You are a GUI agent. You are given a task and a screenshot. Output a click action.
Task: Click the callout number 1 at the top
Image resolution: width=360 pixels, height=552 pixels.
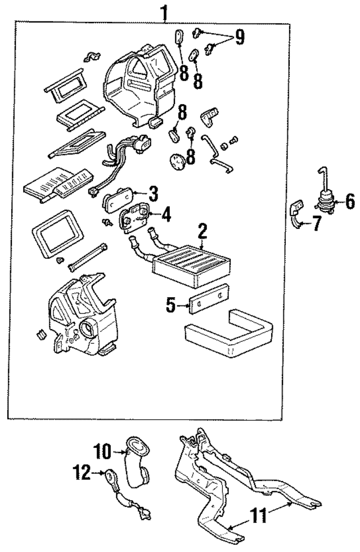[164, 12]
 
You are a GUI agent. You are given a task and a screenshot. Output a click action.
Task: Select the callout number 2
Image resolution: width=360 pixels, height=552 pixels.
[202, 231]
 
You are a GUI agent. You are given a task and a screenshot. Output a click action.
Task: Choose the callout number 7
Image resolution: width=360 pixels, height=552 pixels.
[316, 224]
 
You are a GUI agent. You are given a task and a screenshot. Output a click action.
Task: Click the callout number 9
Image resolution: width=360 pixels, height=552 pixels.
[240, 38]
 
